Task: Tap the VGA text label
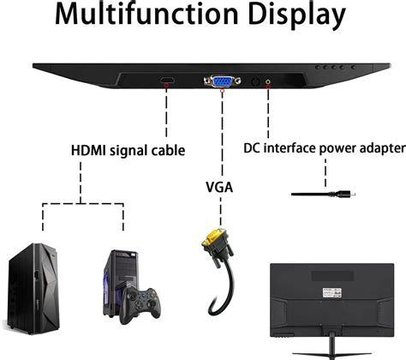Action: tap(220, 184)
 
